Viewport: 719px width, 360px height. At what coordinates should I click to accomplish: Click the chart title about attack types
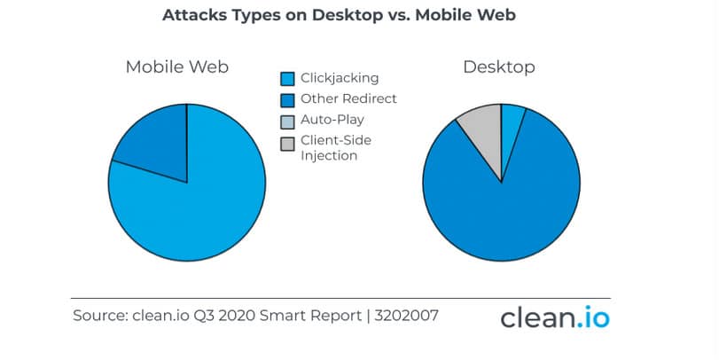point(339,15)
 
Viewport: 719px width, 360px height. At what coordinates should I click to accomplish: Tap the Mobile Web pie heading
point(177,67)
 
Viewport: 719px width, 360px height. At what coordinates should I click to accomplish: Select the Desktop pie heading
point(499,67)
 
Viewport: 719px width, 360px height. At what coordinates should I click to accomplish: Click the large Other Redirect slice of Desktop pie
point(502,211)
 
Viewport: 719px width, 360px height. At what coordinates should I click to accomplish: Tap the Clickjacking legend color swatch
point(287,79)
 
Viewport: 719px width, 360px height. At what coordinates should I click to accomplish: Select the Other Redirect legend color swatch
point(287,100)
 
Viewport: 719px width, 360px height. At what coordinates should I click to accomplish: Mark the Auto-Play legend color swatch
point(287,122)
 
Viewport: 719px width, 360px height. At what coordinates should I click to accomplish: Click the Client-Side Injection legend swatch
point(287,144)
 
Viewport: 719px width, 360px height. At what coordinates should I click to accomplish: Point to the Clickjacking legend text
point(340,78)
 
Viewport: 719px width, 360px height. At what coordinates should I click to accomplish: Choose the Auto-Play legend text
point(332,120)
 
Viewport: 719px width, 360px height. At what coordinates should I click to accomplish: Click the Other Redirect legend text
point(348,98)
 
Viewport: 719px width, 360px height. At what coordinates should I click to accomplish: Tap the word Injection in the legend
point(329,156)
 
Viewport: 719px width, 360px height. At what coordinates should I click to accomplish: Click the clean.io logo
point(555,317)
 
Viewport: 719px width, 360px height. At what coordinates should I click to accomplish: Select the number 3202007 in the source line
point(406,316)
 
